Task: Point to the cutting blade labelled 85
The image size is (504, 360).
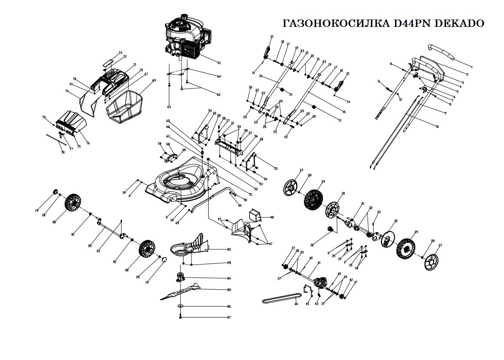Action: click(x=182, y=291)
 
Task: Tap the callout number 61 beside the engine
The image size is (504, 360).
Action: click(x=219, y=63)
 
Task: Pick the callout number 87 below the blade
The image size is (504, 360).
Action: click(x=229, y=317)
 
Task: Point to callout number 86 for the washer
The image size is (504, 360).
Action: click(x=229, y=307)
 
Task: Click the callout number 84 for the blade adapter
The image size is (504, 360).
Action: click(x=229, y=278)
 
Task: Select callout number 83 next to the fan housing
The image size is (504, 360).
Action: click(x=229, y=249)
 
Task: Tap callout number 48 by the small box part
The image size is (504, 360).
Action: click(x=272, y=217)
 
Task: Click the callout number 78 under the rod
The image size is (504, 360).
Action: click(x=63, y=152)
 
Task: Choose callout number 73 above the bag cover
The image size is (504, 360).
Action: click(x=120, y=53)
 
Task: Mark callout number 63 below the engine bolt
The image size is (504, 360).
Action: click(x=169, y=107)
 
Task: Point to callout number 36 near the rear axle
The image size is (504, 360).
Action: click(x=312, y=245)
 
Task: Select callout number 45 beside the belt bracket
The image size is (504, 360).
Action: click(x=307, y=304)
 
